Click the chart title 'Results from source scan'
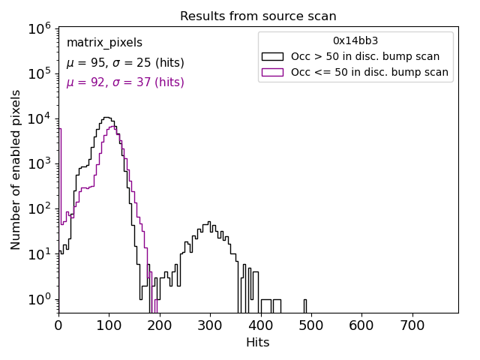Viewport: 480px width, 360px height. [x=258, y=16]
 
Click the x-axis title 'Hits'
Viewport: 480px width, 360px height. [x=258, y=343]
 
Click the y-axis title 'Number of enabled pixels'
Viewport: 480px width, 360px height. [x=16, y=169]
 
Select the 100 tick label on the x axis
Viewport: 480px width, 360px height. [x=109, y=326]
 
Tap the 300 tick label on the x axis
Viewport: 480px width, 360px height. [x=210, y=326]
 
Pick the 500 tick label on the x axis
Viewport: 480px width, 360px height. [x=311, y=326]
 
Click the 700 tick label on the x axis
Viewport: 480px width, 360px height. [x=412, y=326]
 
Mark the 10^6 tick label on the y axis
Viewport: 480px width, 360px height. [x=38, y=28]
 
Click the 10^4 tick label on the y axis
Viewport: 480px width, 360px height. [x=38, y=118]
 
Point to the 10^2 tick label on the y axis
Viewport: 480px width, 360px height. [x=38, y=209]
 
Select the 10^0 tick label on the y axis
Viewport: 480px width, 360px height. [x=38, y=300]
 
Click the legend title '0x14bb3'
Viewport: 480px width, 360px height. [x=355, y=40]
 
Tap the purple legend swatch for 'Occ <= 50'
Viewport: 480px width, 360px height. [x=272, y=73]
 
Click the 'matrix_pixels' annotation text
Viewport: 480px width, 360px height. [x=104, y=43]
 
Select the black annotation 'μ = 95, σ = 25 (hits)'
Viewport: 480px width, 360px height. [x=124, y=63]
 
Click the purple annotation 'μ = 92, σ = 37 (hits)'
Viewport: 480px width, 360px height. [x=124, y=82]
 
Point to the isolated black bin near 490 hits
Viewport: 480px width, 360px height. [x=304, y=306]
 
